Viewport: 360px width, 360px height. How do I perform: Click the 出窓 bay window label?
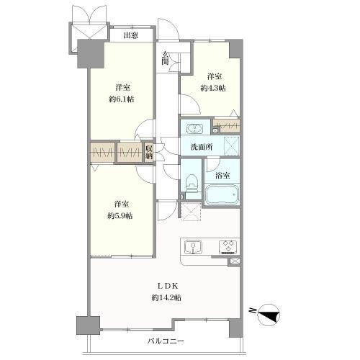tap(131, 36)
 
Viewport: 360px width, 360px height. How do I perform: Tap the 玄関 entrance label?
tap(165, 58)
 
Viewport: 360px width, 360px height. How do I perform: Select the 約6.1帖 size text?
tap(122, 99)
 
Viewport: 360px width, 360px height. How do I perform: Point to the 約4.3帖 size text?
tap(213, 88)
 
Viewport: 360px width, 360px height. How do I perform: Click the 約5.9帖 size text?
tap(120, 216)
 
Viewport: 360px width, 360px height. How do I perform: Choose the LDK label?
tap(168, 286)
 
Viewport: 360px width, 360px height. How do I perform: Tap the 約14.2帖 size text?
tap(166, 297)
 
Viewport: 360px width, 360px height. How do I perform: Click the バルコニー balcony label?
tap(166, 341)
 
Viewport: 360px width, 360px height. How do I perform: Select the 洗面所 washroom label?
tap(202, 147)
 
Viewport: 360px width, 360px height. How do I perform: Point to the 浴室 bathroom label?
tap(222, 176)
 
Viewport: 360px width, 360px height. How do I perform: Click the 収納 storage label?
tap(149, 152)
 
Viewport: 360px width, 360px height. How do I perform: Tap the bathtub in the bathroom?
tap(222, 194)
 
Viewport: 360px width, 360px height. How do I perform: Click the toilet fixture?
tap(192, 183)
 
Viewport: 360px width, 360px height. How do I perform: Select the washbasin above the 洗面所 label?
tap(194, 128)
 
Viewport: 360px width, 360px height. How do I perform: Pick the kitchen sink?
tap(193, 247)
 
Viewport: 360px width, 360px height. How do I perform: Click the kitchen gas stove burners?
tap(228, 247)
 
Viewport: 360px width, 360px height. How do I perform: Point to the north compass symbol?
tap(269, 315)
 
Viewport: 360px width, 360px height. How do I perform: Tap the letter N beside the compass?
tap(253, 310)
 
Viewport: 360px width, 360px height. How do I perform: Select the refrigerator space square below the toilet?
tap(191, 212)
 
